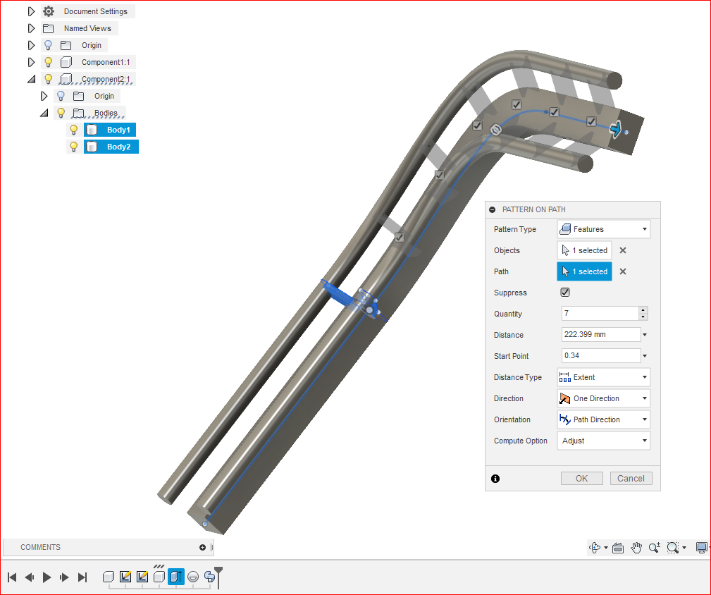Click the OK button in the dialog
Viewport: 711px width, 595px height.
coord(581,478)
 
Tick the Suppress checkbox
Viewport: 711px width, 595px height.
coord(565,293)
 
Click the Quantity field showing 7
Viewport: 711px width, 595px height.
coord(600,314)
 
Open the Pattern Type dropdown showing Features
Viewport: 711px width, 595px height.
coord(603,229)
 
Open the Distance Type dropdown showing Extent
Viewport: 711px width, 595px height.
coord(603,377)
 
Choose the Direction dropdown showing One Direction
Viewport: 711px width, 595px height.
coord(603,398)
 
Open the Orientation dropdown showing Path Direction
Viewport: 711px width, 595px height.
coord(603,419)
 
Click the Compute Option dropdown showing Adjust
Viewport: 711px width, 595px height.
coord(603,441)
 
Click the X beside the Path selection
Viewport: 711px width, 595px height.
coord(623,271)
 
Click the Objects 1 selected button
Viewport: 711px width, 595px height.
coord(584,250)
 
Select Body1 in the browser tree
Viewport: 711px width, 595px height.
coord(118,130)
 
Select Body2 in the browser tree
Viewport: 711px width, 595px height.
coord(118,147)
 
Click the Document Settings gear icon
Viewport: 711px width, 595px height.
coord(49,11)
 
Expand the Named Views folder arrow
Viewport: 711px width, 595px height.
coord(31,28)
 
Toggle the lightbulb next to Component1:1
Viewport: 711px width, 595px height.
coord(49,62)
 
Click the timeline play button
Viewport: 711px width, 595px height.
coord(47,577)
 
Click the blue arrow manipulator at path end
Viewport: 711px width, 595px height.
coord(617,130)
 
